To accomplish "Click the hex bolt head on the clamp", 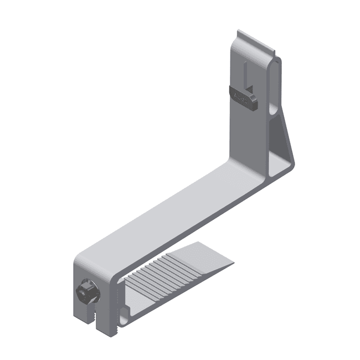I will point(86,291).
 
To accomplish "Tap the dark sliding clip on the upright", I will point(244,96).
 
